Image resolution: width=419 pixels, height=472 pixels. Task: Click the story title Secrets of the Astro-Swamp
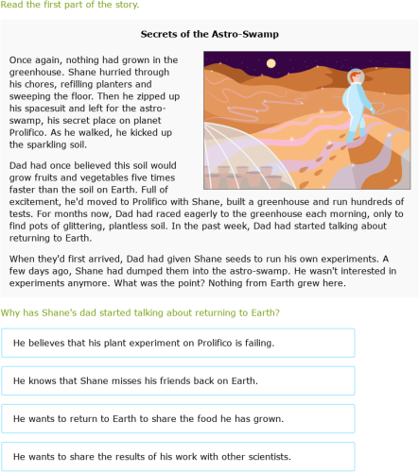pyautogui.click(x=209, y=34)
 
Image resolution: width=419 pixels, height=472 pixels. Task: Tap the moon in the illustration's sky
pyautogui.click(x=271, y=66)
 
